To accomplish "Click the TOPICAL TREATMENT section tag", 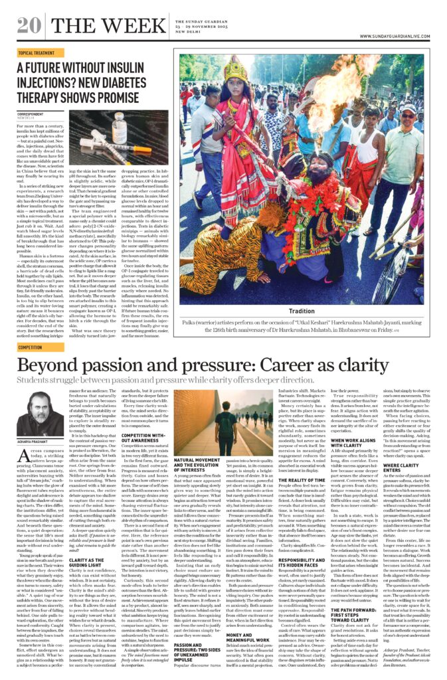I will [x=36, y=52].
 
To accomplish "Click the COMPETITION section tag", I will [x=30, y=347].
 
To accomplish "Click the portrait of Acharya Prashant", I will [x=37, y=414].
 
